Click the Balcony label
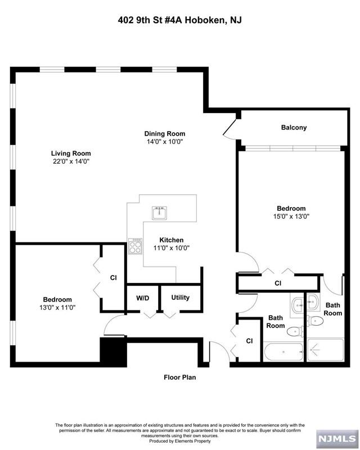[294, 128]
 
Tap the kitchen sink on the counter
[160, 213]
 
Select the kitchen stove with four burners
[135, 246]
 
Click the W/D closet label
[143, 298]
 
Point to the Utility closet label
[181, 298]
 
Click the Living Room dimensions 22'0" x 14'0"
[71, 161]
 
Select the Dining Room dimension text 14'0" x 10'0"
[165, 142]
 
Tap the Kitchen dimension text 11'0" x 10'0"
[172, 248]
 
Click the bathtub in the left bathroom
[283, 352]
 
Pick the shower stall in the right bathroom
[326, 350]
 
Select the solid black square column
[113, 352]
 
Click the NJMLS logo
[337, 439]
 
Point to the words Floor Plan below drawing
[179, 377]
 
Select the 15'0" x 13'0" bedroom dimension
[291, 217]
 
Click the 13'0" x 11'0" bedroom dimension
[57, 308]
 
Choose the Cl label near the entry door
[250, 341]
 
